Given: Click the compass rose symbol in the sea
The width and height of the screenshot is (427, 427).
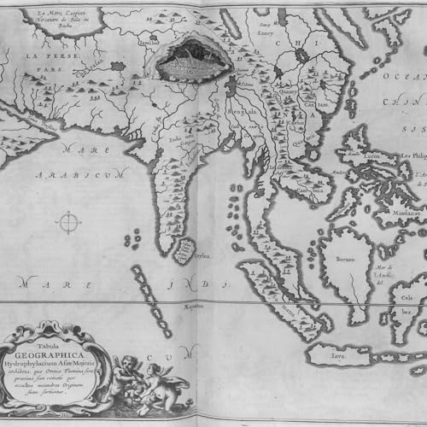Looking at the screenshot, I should point(67,224).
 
